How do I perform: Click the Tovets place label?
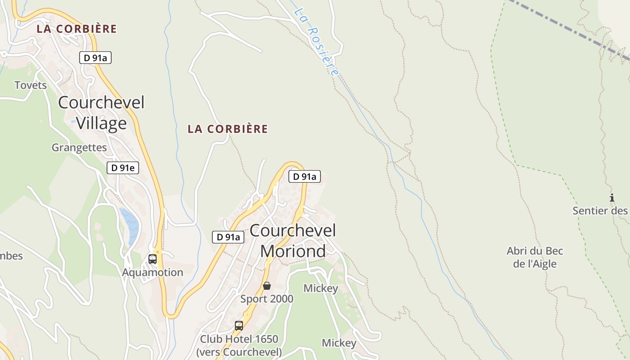[x=31, y=85]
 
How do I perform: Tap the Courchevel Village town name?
[x=101, y=112]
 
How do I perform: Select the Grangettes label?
[x=79, y=148]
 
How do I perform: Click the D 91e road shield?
[x=123, y=168]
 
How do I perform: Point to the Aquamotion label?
[x=153, y=272]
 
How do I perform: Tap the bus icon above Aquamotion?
[x=153, y=259]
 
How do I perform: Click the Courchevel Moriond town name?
[x=293, y=241]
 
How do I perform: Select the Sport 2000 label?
[x=267, y=299]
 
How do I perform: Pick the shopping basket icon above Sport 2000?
[x=267, y=286]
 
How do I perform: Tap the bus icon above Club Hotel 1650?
[x=239, y=325]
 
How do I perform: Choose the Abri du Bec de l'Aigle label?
[x=535, y=257]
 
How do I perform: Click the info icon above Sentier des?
[x=612, y=198]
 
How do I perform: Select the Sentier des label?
[x=600, y=211]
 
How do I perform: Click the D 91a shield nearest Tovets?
[x=95, y=58]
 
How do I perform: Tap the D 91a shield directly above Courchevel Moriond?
[x=305, y=176]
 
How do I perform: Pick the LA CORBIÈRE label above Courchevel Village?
[x=76, y=29]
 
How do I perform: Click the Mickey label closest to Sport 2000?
[x=321, y=288]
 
